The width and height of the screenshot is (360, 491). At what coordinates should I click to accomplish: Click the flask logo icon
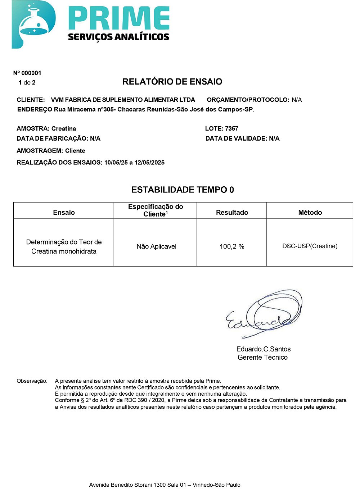[33, 24]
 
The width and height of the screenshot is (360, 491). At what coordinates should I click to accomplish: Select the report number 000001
[31, 73]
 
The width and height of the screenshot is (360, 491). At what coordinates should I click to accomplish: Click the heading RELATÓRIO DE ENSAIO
[172, 82]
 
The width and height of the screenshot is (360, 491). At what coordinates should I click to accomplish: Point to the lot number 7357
[231, 128]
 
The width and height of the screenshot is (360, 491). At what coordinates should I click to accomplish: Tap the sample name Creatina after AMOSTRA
[64, 128]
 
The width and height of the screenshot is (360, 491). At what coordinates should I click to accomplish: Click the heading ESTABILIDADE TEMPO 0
[183, 190]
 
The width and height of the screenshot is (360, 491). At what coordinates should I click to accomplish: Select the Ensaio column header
[64, 213]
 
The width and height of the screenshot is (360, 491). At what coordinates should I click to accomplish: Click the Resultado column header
[232, 213]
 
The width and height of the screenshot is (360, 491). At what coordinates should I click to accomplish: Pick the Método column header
[310, 213]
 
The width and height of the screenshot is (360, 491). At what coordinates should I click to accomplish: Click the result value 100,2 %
[232, 246]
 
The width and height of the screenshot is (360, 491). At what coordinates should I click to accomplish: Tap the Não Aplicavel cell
[156, 246]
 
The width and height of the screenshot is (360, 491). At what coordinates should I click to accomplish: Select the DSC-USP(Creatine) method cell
[310, 246]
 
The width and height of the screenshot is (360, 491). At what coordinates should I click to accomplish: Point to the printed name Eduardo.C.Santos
[263, 349]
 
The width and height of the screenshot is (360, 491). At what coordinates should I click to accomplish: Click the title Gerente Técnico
[262, 357]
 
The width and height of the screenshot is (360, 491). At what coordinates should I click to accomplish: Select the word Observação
[32, 381]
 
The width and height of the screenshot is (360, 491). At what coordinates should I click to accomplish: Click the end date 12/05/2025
[149, 162]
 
